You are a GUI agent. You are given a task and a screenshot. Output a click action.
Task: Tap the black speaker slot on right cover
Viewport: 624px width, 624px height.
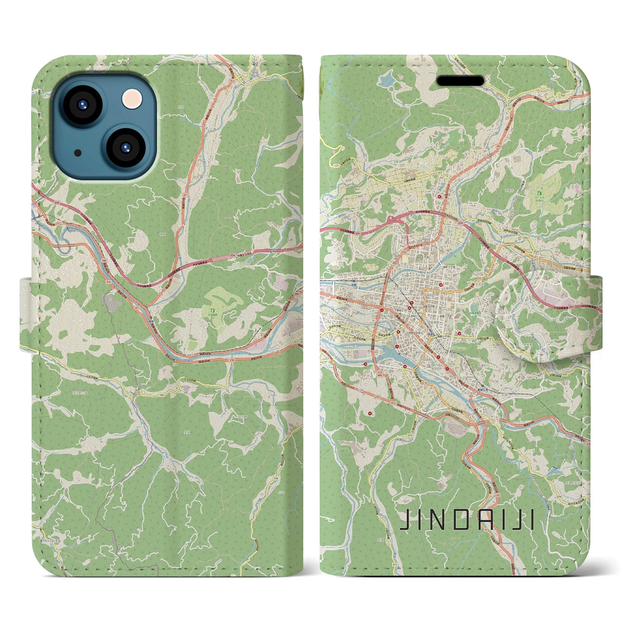460,80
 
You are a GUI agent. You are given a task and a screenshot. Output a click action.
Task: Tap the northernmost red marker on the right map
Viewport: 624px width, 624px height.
441,197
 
